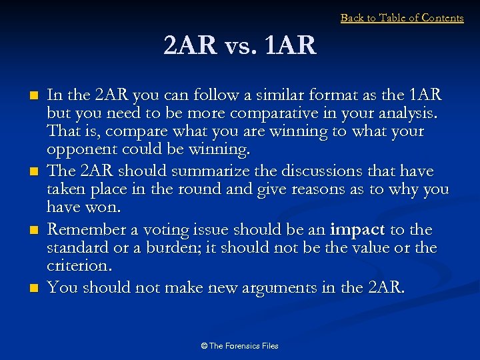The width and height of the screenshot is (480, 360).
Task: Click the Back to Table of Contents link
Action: point(402,18)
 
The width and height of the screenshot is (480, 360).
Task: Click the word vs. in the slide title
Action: point(239,46)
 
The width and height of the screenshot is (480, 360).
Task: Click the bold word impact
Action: point(357,230)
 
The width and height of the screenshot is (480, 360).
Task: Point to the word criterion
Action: point(78,265)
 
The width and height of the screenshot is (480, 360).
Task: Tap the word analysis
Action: point(405,112)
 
